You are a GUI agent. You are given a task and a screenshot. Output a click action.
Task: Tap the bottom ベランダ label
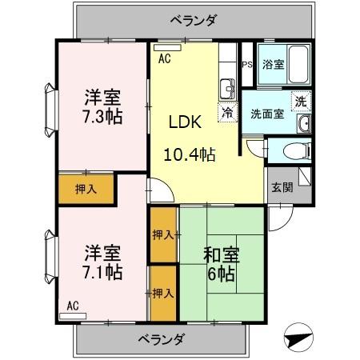click(x=159, y=339)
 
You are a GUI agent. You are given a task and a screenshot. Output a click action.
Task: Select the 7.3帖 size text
click(x=103, y=116)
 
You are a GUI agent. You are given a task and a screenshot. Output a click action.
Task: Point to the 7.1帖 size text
click(x=103, y=272)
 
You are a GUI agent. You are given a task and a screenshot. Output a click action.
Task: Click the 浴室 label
click(x=274, y=65)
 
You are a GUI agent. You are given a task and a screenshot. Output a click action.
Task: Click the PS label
click(x=247, y=66)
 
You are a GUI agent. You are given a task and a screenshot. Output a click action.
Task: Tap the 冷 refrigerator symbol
click(x=228, y=113)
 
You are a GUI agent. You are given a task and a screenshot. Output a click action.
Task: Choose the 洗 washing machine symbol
click(x=300, y=102)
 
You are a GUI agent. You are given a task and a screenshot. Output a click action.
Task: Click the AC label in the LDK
click(x=164, y=58)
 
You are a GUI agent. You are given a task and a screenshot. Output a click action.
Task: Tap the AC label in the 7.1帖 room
click(x=73, y=305)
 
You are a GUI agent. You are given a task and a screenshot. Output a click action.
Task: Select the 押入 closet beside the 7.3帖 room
click(x=86, y=190)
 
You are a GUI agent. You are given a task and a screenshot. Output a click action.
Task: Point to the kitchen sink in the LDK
click(x=227, y=86)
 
